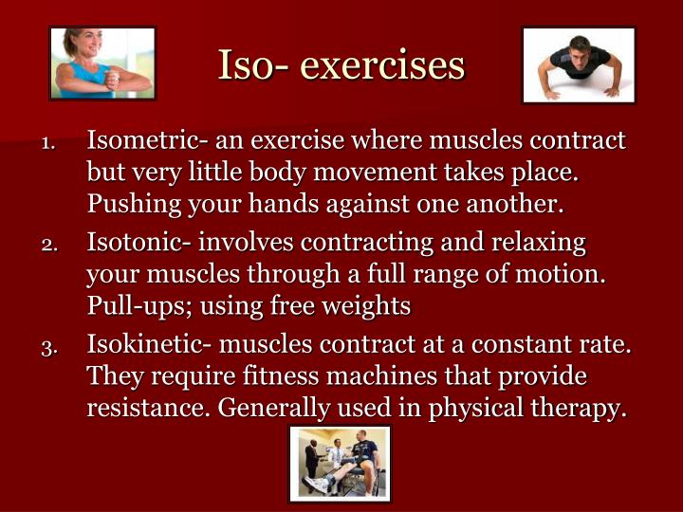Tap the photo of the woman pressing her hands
(x=102, y=64)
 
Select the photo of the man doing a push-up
(x=579, y=64)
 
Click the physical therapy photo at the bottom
(x=340, y=464)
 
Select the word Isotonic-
(x=138, y=244)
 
